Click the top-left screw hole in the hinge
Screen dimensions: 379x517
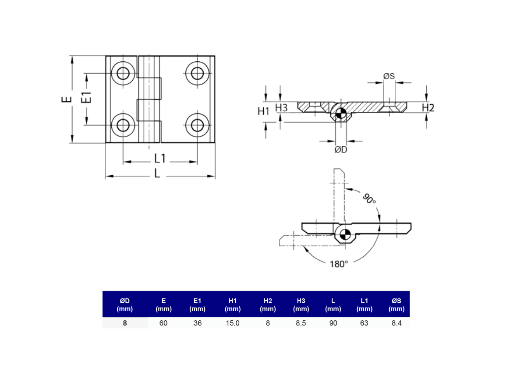123,73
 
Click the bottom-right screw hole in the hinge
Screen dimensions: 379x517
197,125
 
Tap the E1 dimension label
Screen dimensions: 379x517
87,98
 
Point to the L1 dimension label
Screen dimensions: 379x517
159,159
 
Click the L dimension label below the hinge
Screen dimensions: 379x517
157,174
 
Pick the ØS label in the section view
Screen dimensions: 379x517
389,76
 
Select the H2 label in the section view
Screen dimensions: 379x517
428,108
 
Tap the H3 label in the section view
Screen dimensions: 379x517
281,107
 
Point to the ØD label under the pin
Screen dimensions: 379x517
341,150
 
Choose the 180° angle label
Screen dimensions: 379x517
339,264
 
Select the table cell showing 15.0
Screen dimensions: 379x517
232,323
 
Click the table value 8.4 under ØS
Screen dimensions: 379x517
396,323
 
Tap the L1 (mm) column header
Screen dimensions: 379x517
364,305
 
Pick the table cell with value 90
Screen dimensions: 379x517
333,323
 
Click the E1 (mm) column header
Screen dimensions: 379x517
197,305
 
